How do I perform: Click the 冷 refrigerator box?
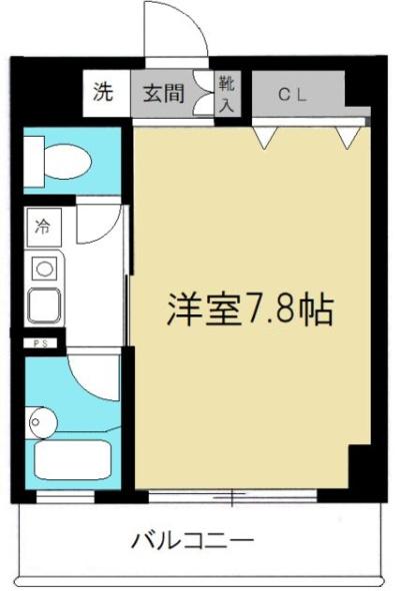pos(45,225)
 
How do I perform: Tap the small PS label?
pos(36,343)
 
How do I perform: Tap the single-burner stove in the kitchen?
pos(45,268)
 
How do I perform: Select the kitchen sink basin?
pos(45,301)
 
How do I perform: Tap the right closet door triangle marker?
pos(348,137)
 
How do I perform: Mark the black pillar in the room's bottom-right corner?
pos(361,469)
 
